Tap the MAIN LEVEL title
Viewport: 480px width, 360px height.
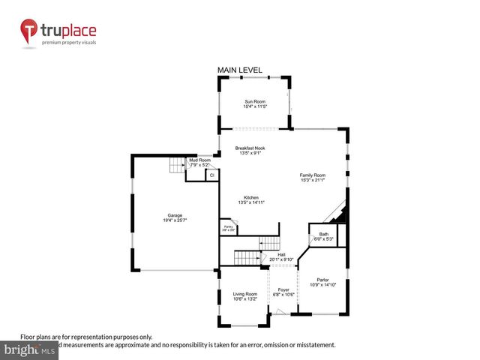coord(240,70)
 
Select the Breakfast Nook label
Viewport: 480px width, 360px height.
coord(250,148)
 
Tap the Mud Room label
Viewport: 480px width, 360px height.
coord(199,160)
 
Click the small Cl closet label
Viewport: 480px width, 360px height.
coord(212,175)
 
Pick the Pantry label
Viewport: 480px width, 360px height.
coord(227,226)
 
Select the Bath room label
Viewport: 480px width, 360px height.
coord(323,235)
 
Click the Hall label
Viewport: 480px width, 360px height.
coord(281,255)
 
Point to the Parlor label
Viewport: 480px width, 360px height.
coord(323,280)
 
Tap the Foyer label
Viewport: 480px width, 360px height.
coord(283,289)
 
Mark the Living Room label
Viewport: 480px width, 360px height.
coord(244,294)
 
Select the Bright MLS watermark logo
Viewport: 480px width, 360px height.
coord(29,350)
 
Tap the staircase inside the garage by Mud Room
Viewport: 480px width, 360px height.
coord(178,166)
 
